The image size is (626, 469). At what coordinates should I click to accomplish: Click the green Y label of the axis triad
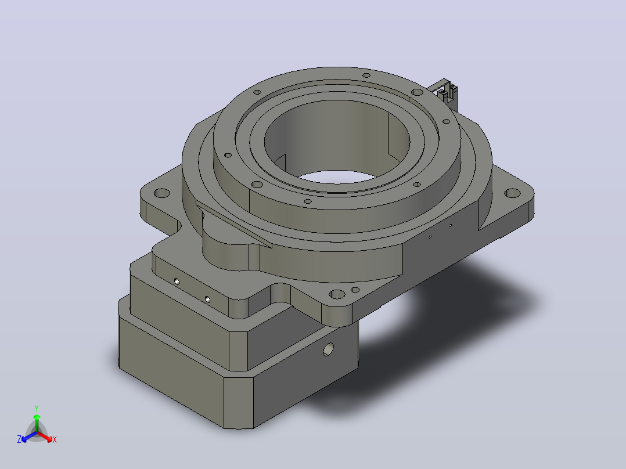coord(37,408)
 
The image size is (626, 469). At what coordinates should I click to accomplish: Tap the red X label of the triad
coord(55,439)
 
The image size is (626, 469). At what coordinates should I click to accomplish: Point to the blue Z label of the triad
coord(19,439)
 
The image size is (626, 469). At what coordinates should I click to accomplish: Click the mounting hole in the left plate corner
coord(161,194)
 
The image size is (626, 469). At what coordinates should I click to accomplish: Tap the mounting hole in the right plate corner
coord(513,194)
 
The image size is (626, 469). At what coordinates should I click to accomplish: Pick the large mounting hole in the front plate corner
coord(337,294)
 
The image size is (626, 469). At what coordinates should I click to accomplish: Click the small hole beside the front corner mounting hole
coord(355,290)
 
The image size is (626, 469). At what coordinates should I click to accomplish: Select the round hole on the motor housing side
coord(328,349)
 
